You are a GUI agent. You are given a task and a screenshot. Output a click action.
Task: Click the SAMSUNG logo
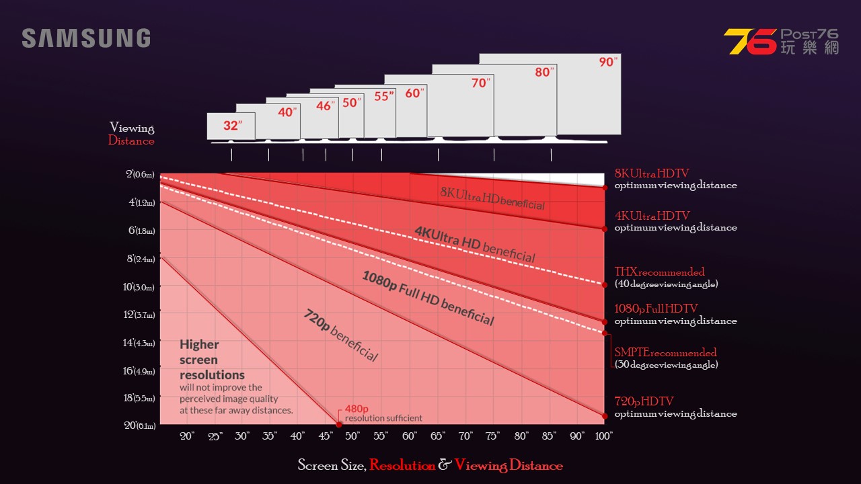coord(86,38)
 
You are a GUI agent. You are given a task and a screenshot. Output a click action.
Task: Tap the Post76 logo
coord(781,42)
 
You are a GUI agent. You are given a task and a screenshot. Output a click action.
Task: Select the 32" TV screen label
coord(231,126)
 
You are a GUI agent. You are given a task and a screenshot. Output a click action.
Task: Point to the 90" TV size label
coord(607,62)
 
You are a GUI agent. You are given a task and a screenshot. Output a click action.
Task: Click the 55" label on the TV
coord(383,96)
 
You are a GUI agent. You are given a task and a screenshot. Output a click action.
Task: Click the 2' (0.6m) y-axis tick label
coord(140,175)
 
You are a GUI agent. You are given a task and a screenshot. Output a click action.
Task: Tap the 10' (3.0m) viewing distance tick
coord(140,287)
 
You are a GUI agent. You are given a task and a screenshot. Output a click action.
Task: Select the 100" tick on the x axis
coord(603,436)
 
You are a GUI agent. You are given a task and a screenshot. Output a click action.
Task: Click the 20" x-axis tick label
coord(187,436)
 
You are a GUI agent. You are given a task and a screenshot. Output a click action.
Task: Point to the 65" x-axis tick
coord(437,436)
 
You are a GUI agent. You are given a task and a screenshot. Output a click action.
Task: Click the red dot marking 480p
coord(339,424)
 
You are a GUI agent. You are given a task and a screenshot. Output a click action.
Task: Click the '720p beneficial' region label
coord(341,335)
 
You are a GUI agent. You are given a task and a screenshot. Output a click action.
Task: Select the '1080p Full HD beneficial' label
coord(428,298)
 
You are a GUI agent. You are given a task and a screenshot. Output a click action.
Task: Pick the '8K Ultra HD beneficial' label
coord(492,198)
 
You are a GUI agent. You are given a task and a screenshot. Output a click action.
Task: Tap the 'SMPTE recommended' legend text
coord(665,353)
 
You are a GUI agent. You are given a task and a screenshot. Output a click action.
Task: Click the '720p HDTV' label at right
coord(644,402)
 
